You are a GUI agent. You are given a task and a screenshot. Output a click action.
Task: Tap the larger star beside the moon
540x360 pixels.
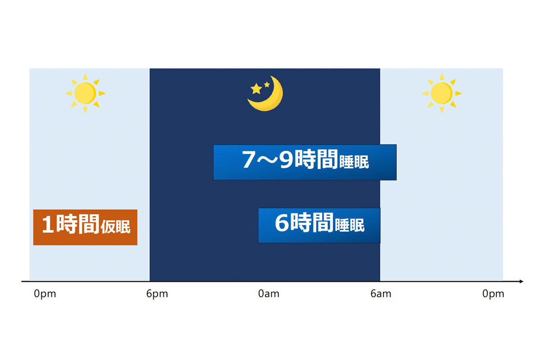click(x=256, y=89)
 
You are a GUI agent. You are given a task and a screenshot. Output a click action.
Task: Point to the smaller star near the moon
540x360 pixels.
click(x=267, y=85)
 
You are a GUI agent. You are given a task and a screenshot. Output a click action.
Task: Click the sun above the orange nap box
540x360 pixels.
click(x=85, y=93)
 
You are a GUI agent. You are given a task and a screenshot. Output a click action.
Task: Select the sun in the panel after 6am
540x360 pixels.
click(x=441, y=93)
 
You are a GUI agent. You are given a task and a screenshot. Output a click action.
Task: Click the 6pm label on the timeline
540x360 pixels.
click(x=157, y=294)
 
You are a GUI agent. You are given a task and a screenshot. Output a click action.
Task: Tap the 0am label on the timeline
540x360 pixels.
click(x=269, y=294)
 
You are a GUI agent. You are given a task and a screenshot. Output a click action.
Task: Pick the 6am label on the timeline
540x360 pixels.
click(x=381, y=294)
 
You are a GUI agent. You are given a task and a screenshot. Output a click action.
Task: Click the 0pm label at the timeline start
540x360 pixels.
click(x=45, y=294)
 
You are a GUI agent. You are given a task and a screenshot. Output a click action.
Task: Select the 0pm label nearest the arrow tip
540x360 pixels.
click(x=493, y=294)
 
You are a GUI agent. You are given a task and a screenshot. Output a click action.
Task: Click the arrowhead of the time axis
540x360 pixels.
click(x=521, y=281)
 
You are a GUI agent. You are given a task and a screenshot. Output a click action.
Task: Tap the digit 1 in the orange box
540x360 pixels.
click(x=48, y=224)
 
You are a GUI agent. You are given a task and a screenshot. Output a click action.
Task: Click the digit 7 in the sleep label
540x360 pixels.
click(x=248, y=159)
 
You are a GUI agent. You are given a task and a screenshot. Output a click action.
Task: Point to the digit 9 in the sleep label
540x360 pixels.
click(x=286, y=159)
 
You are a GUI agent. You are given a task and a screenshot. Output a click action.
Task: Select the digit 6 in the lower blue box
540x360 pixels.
click(x=282, y=223)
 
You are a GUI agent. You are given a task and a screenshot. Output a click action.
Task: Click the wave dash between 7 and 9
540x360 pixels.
click(x=267, y=159)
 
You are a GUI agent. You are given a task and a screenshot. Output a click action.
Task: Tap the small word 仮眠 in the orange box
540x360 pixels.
click(x=116, y=227)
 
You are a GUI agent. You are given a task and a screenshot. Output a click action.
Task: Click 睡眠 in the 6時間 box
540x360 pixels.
click(x=350, y=225)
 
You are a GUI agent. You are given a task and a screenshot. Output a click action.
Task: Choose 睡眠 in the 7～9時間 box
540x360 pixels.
click(x=354, y=162)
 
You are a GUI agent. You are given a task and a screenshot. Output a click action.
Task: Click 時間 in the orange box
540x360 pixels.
click(x=77, y=224)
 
